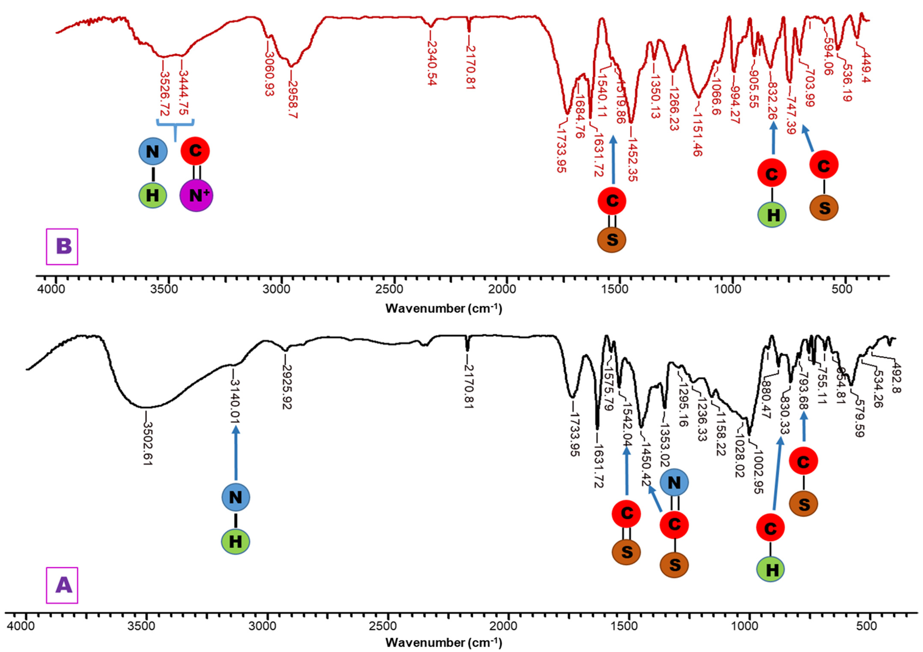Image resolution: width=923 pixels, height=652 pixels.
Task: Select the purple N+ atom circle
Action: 196,195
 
